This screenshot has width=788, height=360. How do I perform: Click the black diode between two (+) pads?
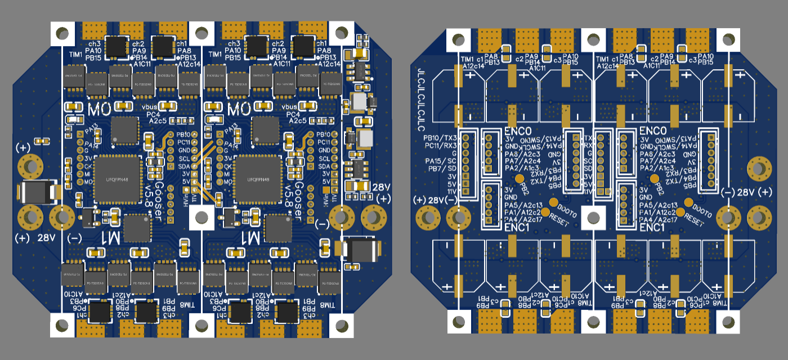point(37,192)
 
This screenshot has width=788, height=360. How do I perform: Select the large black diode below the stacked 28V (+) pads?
point(359,250)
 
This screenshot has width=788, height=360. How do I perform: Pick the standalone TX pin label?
point(589,138)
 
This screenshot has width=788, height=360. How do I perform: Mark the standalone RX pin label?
point(589,146)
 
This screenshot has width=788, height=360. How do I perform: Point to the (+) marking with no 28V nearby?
point(23,147)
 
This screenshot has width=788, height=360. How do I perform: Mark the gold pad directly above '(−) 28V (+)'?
point(758,168)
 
